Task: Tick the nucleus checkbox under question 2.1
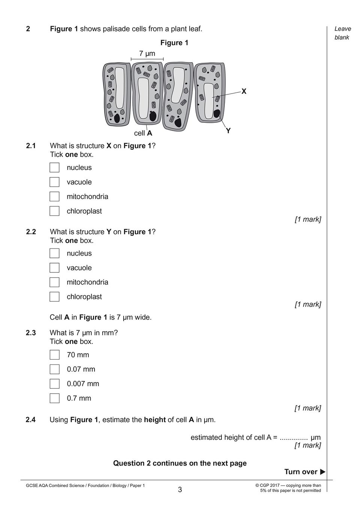coord(54,168)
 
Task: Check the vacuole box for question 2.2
coord(54,268)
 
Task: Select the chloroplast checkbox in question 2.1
coord(54,211)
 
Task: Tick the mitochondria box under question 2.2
coord(54,282)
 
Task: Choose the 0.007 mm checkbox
coord(54,384)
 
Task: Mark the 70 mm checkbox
coord(54,355)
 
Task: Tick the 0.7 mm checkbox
coord(54,398)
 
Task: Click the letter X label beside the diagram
coord(244,91)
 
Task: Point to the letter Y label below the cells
coord(228,131)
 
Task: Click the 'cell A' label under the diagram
coord(143,133)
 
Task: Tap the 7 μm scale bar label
coord(147,54)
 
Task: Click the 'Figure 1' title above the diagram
coord(174,43)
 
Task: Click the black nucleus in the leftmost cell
coord(117,118)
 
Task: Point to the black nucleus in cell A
coord(153,116)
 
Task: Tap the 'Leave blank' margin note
coord(342,33)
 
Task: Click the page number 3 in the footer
coord(180,490)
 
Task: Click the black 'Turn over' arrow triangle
coord(323,472)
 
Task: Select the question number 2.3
coord(31,333)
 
